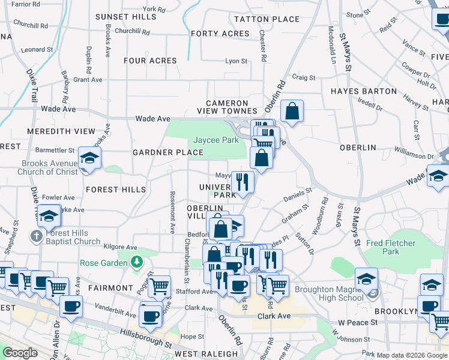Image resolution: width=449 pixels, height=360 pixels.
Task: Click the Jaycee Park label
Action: click(x=215, y=140)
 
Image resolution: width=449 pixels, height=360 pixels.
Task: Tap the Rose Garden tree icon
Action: click(x=137, y=262)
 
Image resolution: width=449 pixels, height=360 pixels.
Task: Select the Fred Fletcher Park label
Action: click(x=391, y=247)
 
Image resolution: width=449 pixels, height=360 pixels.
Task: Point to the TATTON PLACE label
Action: click(x=267, y=19)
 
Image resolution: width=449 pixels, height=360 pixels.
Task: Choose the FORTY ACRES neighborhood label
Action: click(x=220, y=34)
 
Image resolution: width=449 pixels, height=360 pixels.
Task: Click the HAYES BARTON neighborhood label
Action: click(x=364, y=91)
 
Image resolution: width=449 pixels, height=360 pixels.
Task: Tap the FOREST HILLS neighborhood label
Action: click(x=116, y=190)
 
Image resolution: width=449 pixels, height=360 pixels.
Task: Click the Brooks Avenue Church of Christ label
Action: click(x=49, y=167)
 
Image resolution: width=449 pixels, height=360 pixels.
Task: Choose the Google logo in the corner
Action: click(x=20, y=353)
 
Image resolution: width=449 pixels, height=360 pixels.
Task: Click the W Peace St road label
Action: click(x=357, y=322)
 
